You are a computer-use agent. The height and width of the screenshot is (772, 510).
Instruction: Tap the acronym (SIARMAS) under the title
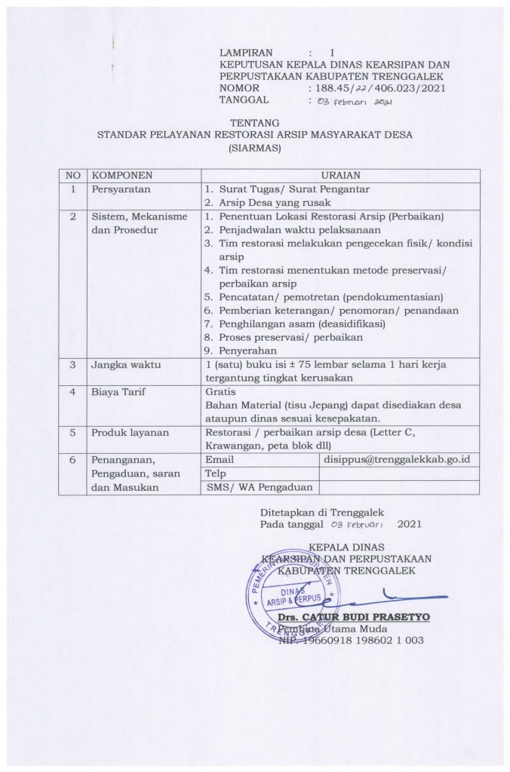pyautogui.click(x=254, y=149)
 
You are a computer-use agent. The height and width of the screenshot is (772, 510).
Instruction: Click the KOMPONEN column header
pyautogui.click(x=117, y=174)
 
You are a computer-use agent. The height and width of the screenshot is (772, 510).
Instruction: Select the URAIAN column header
pyautogui.click(x=341, y=174)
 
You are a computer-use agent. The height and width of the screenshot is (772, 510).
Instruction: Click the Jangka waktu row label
pyautogui.click(x=125, y=365)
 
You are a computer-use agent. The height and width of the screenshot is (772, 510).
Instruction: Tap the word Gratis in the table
pyautogui.click(x=220, y=392)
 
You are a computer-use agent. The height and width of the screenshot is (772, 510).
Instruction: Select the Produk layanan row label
pyautogui.click(x=130, y=432)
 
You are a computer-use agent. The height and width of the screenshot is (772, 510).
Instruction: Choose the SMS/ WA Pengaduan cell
pyautogui.click(x=249, y=487)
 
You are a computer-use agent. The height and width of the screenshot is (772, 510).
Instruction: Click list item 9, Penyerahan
pyautogui.click(x=244, y=350)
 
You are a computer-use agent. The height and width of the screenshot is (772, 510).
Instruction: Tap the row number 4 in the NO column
pyautogui.click(x=73, y=392)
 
